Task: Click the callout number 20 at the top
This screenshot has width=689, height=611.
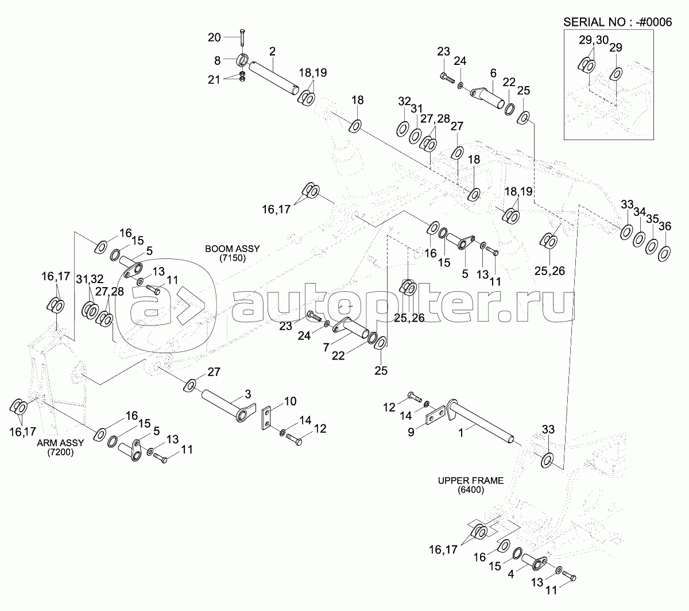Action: pyautogui.click(x=214, y=37)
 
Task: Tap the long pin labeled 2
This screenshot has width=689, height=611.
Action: pyautogui.click(x=274, y=78)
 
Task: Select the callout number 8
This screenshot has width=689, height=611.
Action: pyautogui.click(x=217, y=60)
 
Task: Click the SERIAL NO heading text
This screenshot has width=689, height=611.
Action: pyautogui.click(x=618, y=22)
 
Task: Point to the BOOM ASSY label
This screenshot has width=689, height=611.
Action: pyautogui.click(x=233, y=253)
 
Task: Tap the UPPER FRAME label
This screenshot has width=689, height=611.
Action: pyautogui.click(x=471, y=485)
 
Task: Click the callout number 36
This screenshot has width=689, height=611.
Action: pyautogui.click(x=665, y=226)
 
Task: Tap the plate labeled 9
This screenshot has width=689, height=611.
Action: pyautogui.click(x=436, y=415)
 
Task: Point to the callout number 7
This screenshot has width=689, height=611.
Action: pyautogui.click(x=326, y=347)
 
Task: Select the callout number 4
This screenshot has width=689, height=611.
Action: pyautogui.click(x=510, y=574)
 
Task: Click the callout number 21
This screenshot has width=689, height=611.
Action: pyautogui.click(x=214, y=80)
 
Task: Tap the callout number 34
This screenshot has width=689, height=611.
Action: pyautogui.click(x=640, y=212)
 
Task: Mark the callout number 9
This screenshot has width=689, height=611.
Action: pyautogui.click(x=411, y=432)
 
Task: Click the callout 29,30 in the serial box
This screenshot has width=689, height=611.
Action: pyautogui.click(x=594, y=40)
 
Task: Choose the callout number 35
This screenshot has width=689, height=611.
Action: pyautogui.click(x=652, y=219)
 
